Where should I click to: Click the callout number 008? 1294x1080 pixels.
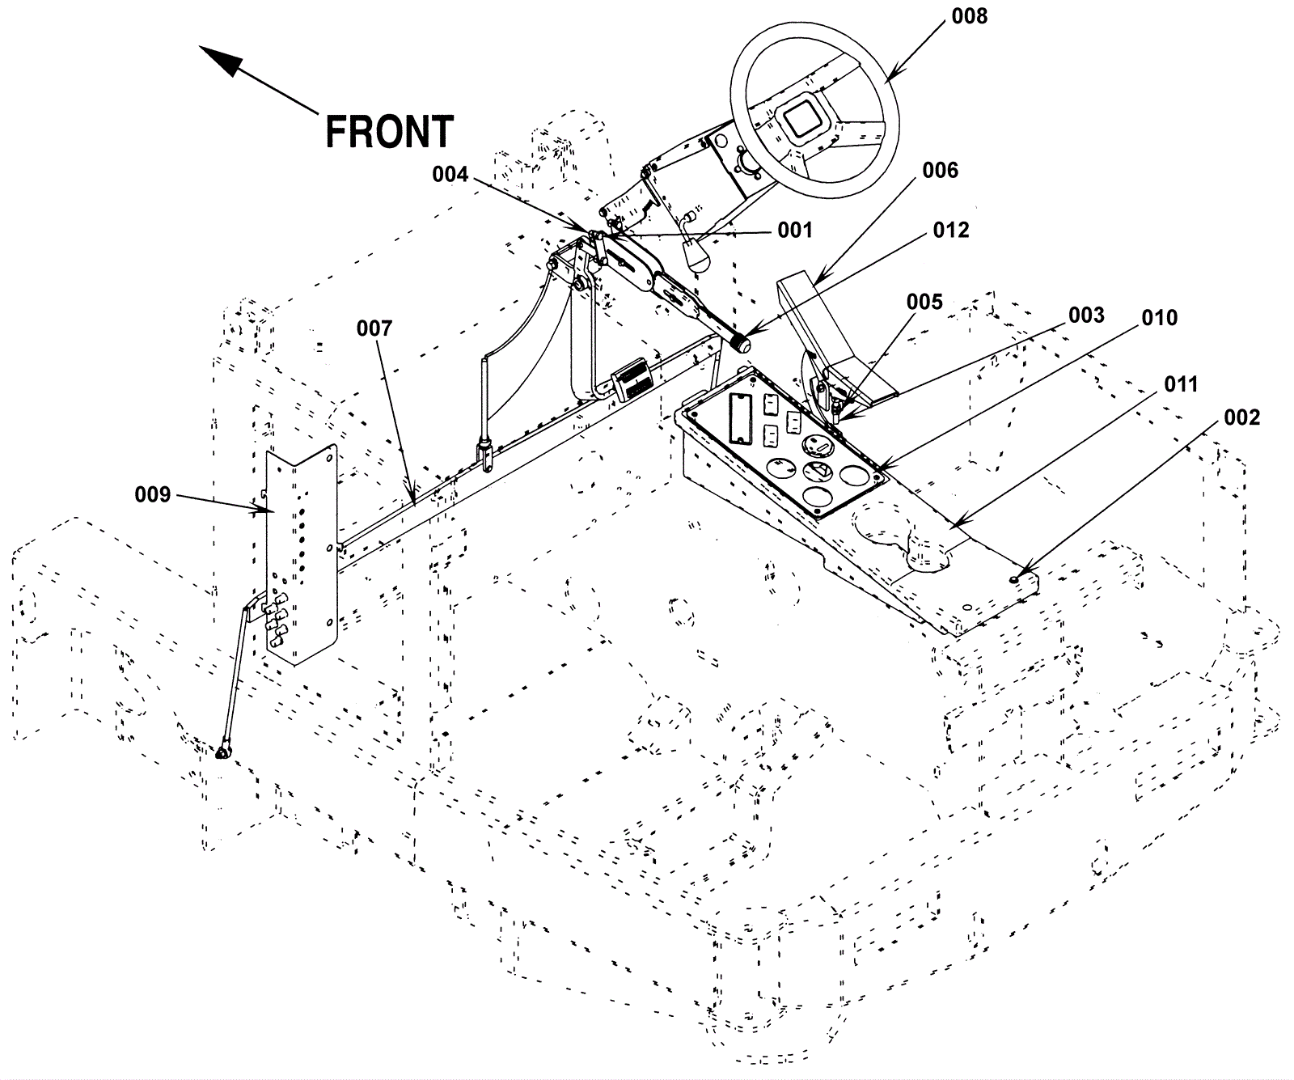click(969, 16)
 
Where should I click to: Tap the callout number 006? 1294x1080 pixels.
click(940, 170)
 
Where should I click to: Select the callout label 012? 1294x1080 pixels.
click(950, 231)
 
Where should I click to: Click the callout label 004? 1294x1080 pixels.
click(450, 175)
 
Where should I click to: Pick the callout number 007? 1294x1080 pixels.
click(374, 328)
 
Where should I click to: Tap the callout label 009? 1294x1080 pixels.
click(153, 493)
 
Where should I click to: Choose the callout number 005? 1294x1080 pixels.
click(924, 302)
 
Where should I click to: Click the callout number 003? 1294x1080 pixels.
click(1086, 315)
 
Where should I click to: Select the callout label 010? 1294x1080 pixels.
click(1159, 318)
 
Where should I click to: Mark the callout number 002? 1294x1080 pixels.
click(1241, 417)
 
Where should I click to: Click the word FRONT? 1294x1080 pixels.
click(389, 131)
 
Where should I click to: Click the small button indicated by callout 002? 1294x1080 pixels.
click(1014, 579)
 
